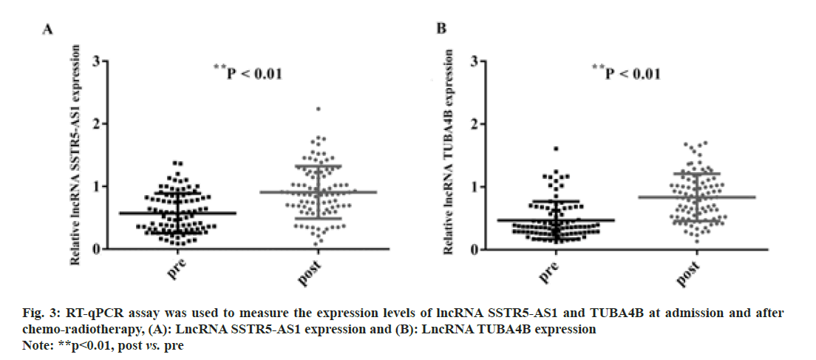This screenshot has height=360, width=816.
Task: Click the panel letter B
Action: click(x=441, y=29)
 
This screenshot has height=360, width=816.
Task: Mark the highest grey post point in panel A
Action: click(x=318, y=109)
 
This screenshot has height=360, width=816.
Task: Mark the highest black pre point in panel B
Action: click(x=555, y=149)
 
